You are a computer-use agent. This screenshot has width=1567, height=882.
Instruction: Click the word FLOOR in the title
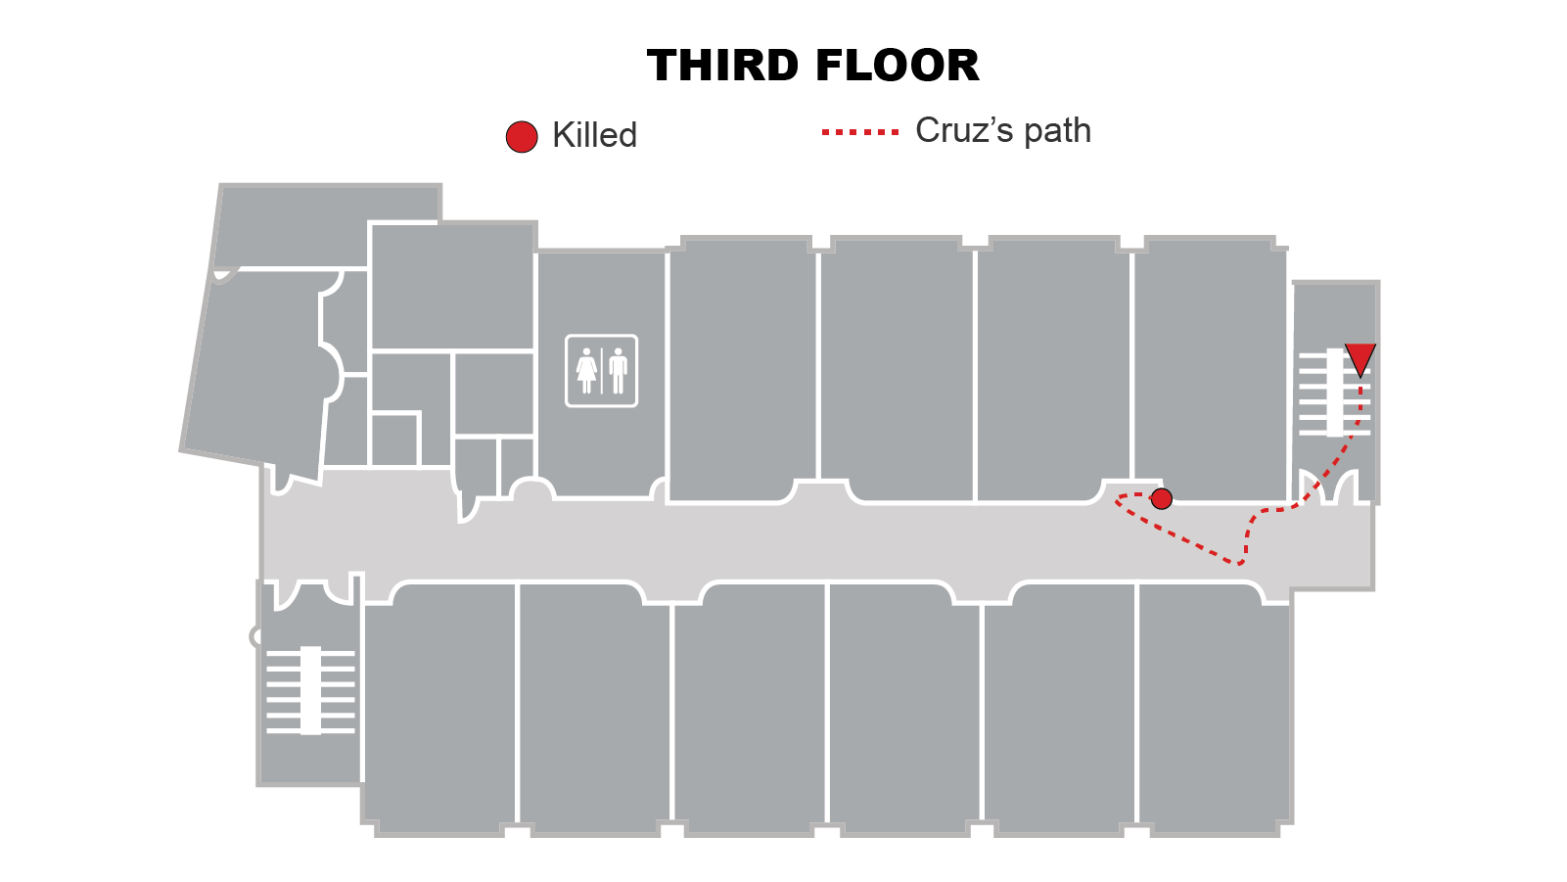[x=897, y=67]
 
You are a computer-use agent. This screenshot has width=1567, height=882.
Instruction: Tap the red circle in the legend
[x=522, y=137]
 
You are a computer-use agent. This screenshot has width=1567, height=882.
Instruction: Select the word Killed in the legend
[x=594, y=135]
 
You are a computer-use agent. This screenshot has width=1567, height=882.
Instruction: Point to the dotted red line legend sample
[x=860, y=131]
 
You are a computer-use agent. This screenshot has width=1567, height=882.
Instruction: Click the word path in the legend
[x=1057, y=130]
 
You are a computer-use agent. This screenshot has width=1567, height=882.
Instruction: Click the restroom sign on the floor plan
[x=601, y=371]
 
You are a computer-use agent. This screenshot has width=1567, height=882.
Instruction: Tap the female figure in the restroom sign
[x=586, y=371]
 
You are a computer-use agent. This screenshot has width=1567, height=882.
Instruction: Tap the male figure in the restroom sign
[x=618, y=371]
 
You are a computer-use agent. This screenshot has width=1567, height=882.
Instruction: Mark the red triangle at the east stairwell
[x=1360, y=357]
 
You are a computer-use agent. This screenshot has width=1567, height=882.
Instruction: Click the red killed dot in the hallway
[x=1162, y=499]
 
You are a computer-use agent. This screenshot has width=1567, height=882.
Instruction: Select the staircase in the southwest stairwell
[x=310, y=690]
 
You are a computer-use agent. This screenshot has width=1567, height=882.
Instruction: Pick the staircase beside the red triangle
[x=1333, y=393]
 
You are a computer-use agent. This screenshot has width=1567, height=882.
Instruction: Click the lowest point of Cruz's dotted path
[x=1239, y=564]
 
